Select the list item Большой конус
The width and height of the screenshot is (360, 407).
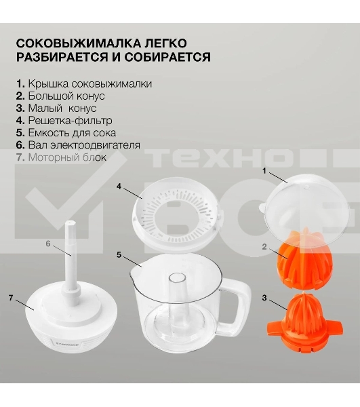[x=60, y=96]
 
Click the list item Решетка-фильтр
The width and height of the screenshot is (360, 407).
[x=64, y=121]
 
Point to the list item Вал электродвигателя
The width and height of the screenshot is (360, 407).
[x=78, y=145]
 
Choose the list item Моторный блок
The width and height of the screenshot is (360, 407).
[x=61, y=157]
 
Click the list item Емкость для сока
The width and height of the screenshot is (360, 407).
[x=66, y=133]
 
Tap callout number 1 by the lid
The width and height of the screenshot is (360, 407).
[x=264, y=171]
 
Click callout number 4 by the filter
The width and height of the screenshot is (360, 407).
[x=119, y=187]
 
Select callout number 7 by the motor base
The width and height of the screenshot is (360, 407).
[x=11, y=298]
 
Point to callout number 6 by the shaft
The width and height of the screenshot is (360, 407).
[x=47, y=244]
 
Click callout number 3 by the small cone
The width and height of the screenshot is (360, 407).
[x=264, y=298]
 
